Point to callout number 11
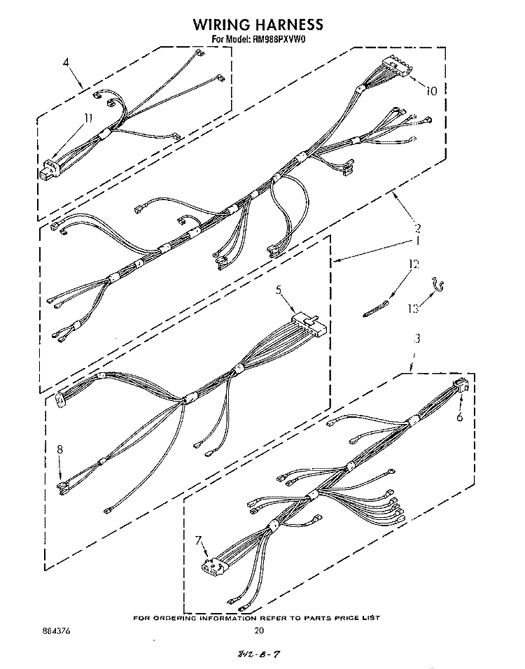pyautogui.click(x=88, y=118)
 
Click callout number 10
pyautogui.click(x=431, y=91)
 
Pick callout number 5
pyautogui.click(x=279, y=290)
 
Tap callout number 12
pyautogui.click(x=413, y=265)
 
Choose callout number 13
pyautogui.click(x=413, y=308)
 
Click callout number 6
pyautogui.click(x=460, y=416)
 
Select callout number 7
pyautogui.click(x=197, y=540)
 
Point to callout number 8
pyautogui.click(x=59, y=449)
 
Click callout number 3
pyautogui.click(x=417, y=338)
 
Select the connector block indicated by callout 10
pyautogui.click(x=398, y=66)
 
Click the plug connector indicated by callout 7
pyautogui.click(x=212, y=565)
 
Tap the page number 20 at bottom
pyautogui.click(x=259, y=631)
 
